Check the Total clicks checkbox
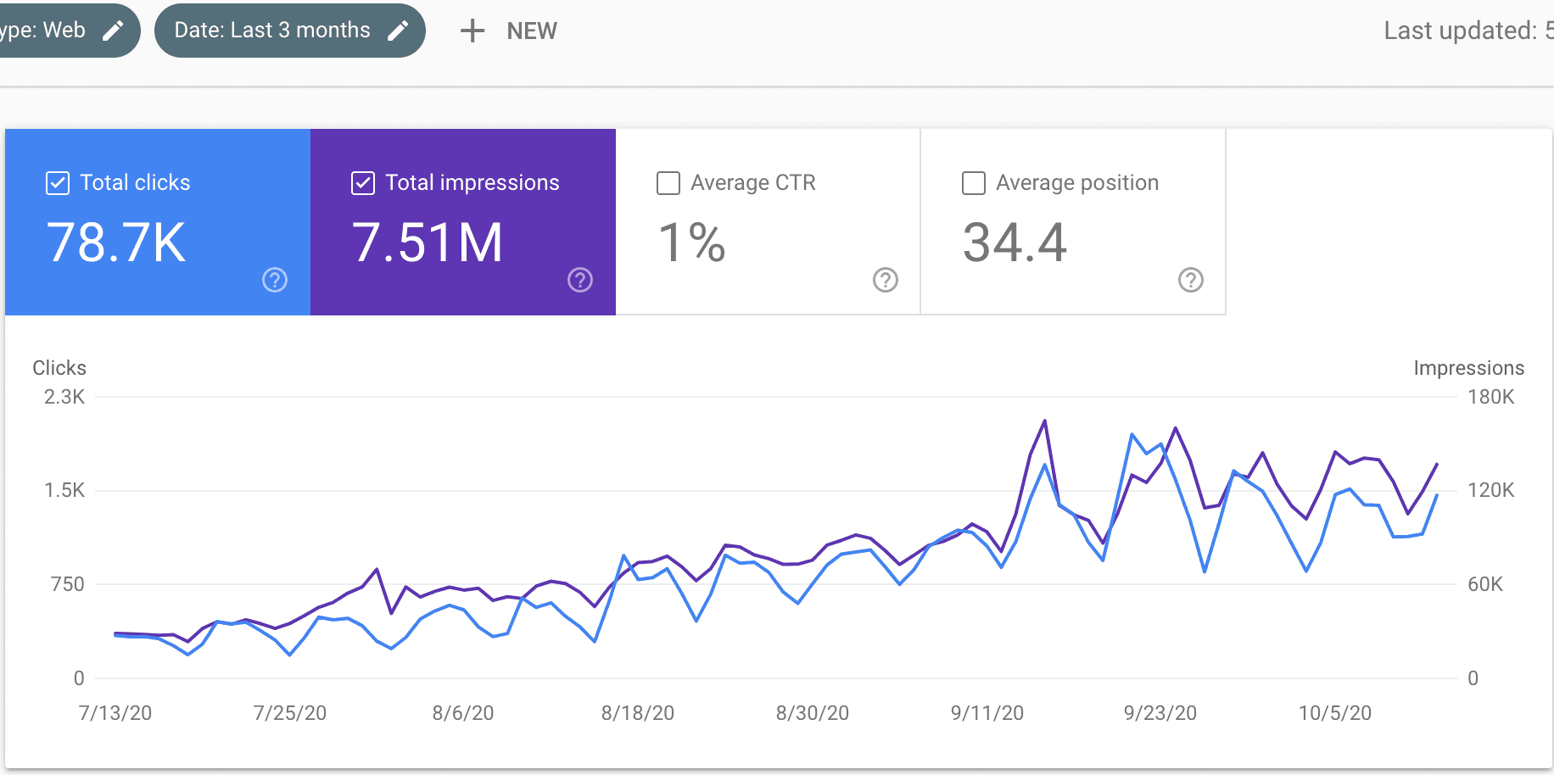pyautogui.click(x=58, y=183)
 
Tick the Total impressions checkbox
pyautogui.click(x=363, y=183)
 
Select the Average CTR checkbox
pyautogui.click(x=668, y=183)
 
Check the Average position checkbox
pyautogui.click(x=974, y=183)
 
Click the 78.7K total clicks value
pyautogui.click(x=116, y=243)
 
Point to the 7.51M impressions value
pyautogui.click(x=428, y=243)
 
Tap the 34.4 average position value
pyautogui.click(x=1015, y=243)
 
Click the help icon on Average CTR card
pyautogui.click(x=886, y=280)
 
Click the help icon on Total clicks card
pyautogui.click(x=275, y=280)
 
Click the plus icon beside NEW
pyautogui.click(x=472, y=31)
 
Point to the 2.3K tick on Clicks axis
pyautogui.click(x=64, y=397)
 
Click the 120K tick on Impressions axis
pyautogui.click(x=1490, y=490)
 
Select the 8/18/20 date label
pyautogui.click(x=638, y=713)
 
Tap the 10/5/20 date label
pyautogui.click(x=1335, y=713)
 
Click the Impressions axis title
pyautogui.click(x=1468, y=368)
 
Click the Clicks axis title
pyautogui.click(x=59, y=368)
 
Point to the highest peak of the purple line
pyautogui.click(x=1044, y=421)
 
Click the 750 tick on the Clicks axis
pyautogui.click(x=68, y=584)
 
